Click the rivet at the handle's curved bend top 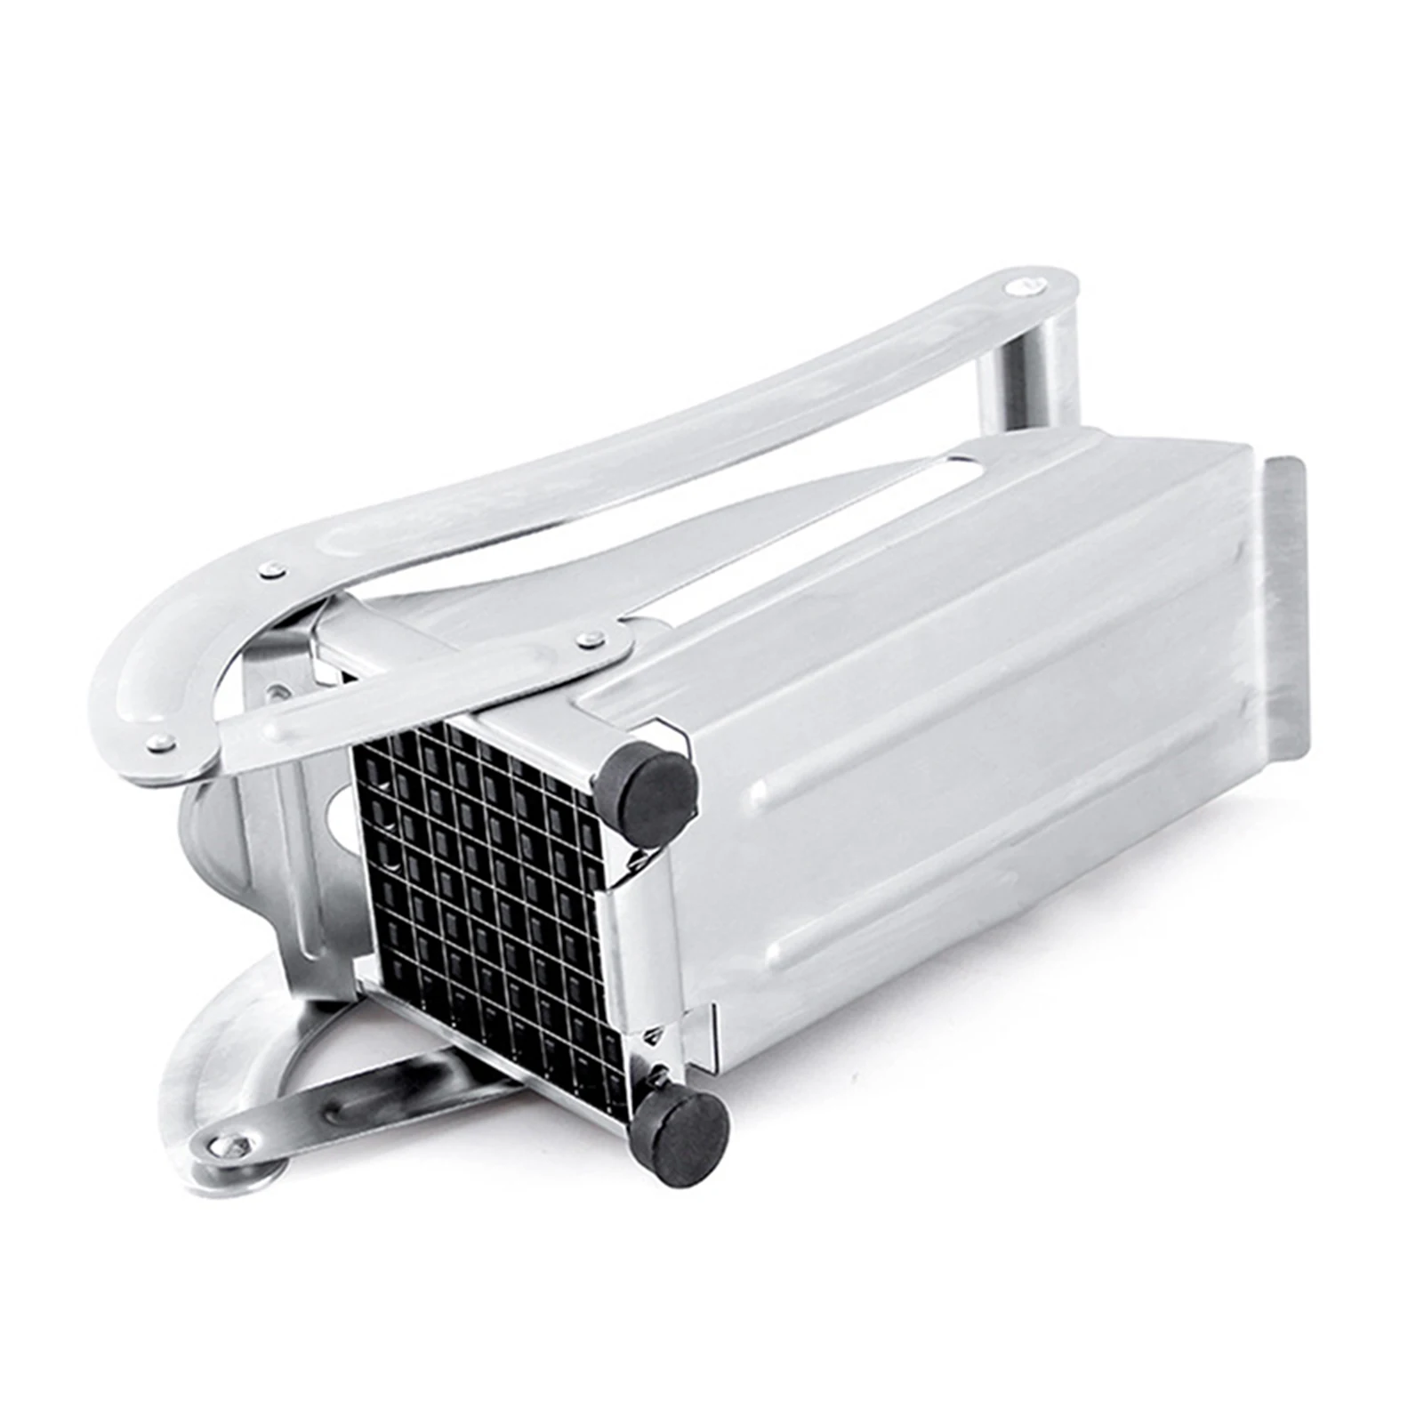point(272,570)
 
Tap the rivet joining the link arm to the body point(588,638)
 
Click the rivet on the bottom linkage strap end point(233,1146)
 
